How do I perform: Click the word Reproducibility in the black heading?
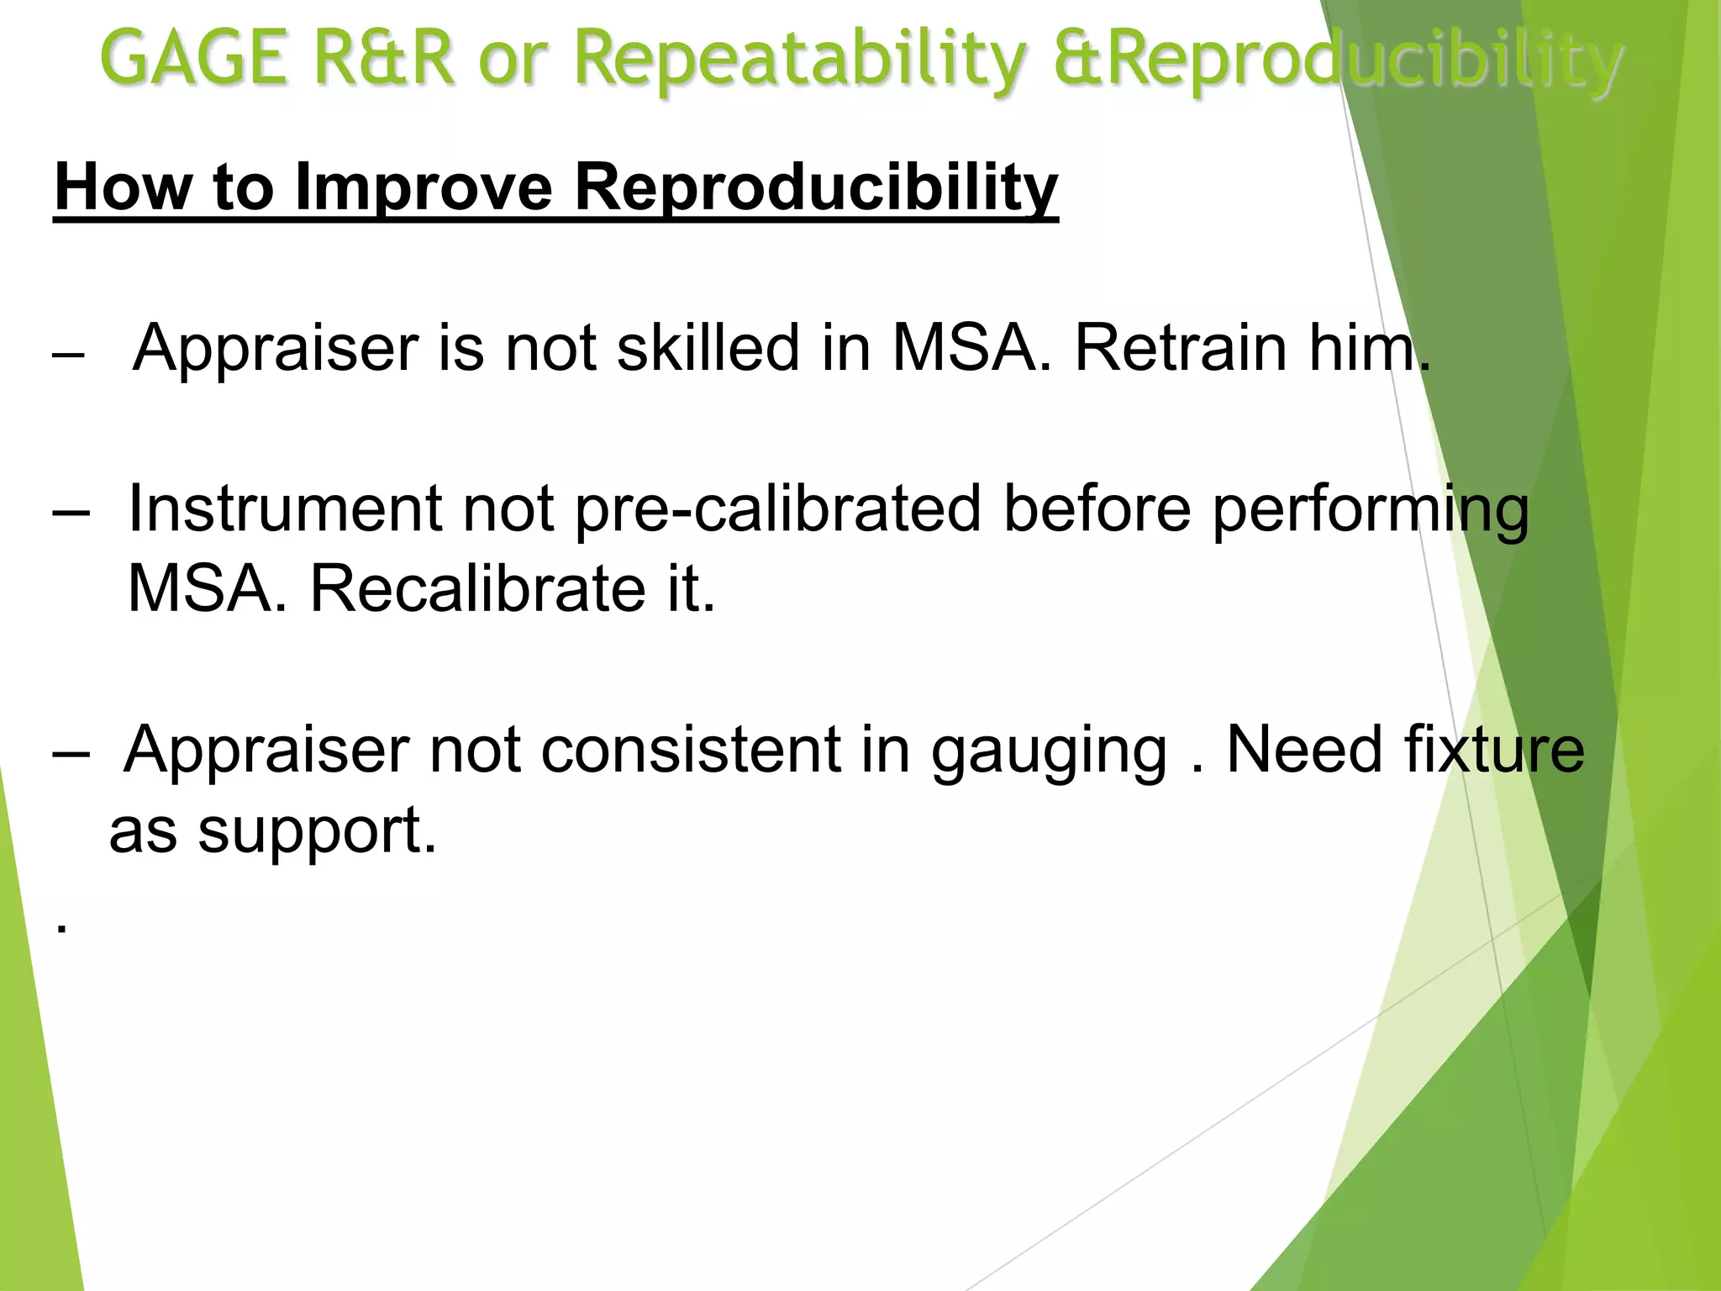pos(815,188)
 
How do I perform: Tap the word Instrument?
pos(285,508)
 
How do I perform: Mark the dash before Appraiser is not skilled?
pos(68,356)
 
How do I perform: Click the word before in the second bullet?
pos(1096,508)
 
